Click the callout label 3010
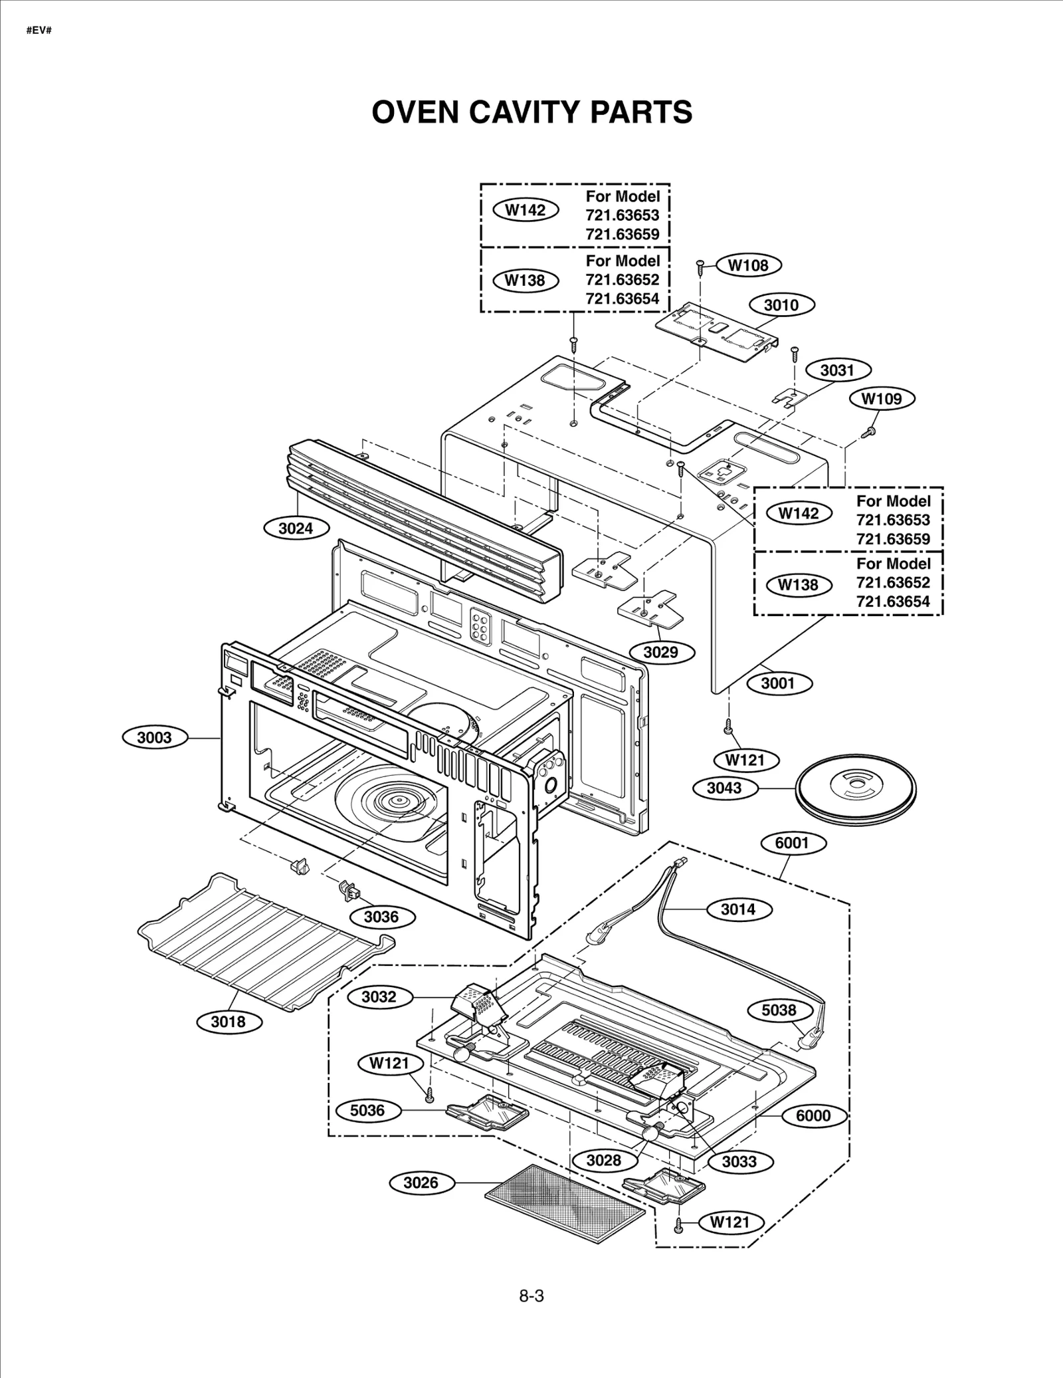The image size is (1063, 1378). [x=781, y=305]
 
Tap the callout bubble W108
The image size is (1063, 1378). [x=748, y=265]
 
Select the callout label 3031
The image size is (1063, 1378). [x=837, y=370]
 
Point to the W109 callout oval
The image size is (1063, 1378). [x=882, y=399]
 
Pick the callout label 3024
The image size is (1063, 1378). [x=295, y=528]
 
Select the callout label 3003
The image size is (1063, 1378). [x=154, y=737]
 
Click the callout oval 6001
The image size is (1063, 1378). [x=792, y=843]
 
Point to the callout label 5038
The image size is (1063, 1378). [x=779, y=1010]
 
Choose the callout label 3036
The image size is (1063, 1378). [x=381, y=917]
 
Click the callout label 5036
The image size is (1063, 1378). [x=367, y=1110]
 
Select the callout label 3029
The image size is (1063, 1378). [x=660, y=652]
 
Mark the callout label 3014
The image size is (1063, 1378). [x=738, y=909]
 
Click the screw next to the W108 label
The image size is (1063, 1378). [x=700, y=266]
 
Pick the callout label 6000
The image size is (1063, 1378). [x=813, y=1115]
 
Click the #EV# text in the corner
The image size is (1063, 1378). [x=39, y=31]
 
